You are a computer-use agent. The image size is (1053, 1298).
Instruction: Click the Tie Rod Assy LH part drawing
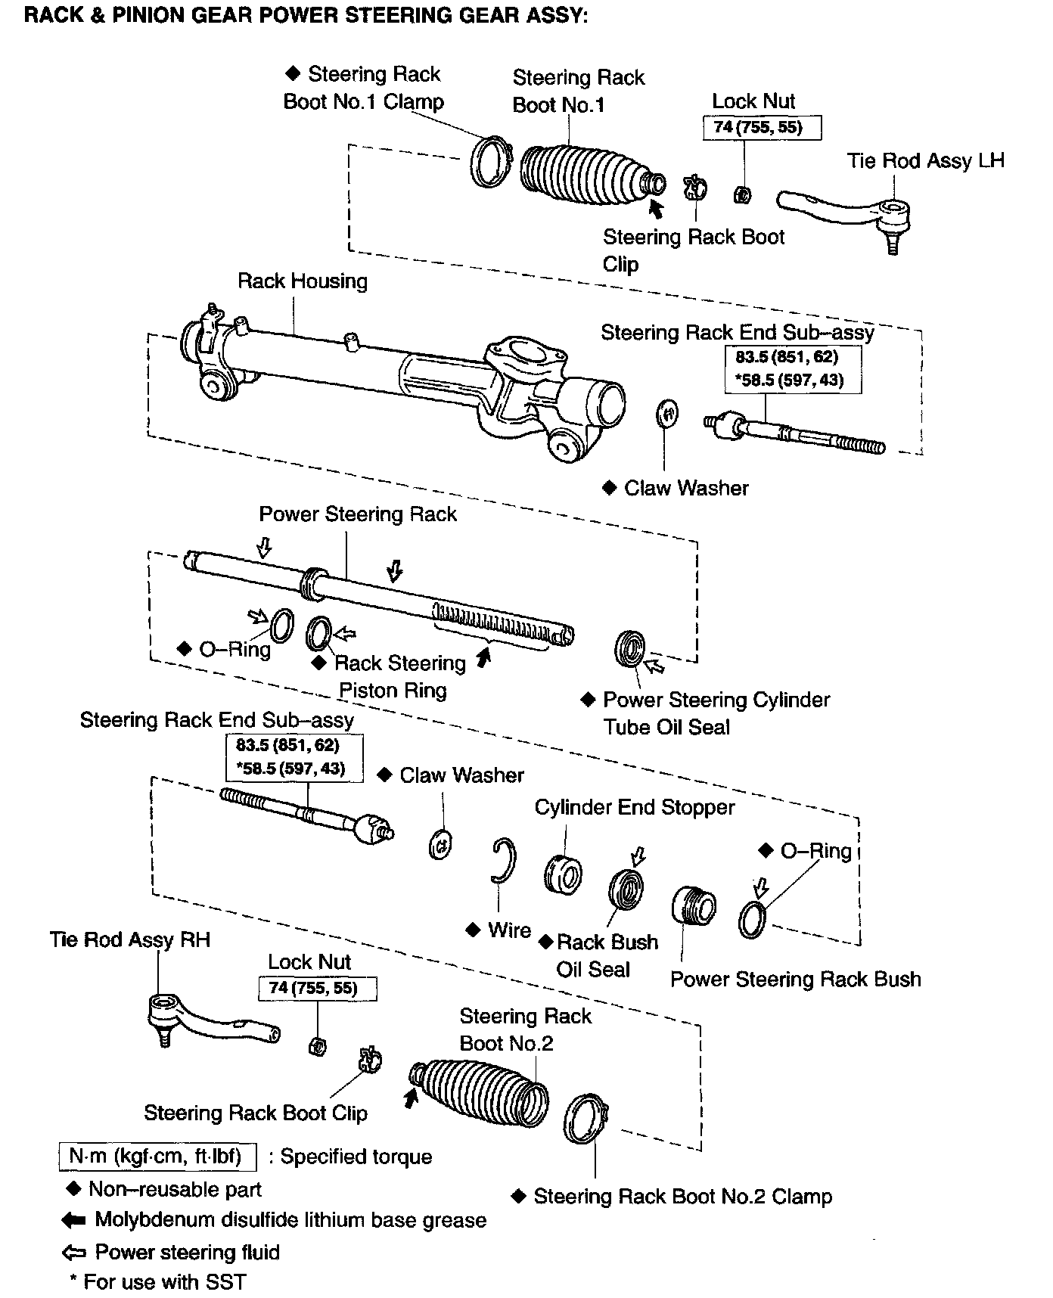tap(847, 211)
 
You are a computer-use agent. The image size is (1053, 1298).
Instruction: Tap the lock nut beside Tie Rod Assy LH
tap(743, 195)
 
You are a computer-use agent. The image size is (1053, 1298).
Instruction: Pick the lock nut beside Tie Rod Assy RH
tap(318, 1047)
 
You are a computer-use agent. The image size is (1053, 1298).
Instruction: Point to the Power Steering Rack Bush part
tap(694, 905)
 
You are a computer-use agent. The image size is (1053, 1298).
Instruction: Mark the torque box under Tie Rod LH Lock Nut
tap(762, 127)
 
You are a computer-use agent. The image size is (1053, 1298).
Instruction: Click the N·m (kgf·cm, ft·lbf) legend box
tap(157, 1157)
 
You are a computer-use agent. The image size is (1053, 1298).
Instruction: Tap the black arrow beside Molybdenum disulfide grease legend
tap(73, 1220)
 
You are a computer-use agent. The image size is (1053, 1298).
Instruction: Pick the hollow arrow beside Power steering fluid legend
tap(73, 1253)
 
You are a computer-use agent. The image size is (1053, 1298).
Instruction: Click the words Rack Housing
tap(303, 281)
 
